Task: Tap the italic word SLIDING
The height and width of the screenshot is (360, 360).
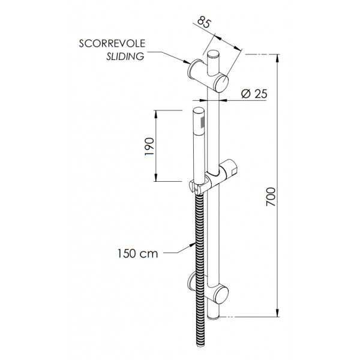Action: [125, 56]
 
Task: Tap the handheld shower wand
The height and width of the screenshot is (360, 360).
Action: [199, 144]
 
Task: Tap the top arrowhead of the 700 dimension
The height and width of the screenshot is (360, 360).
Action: [278, 56]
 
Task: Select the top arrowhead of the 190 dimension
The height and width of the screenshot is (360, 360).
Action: [157, 112]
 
